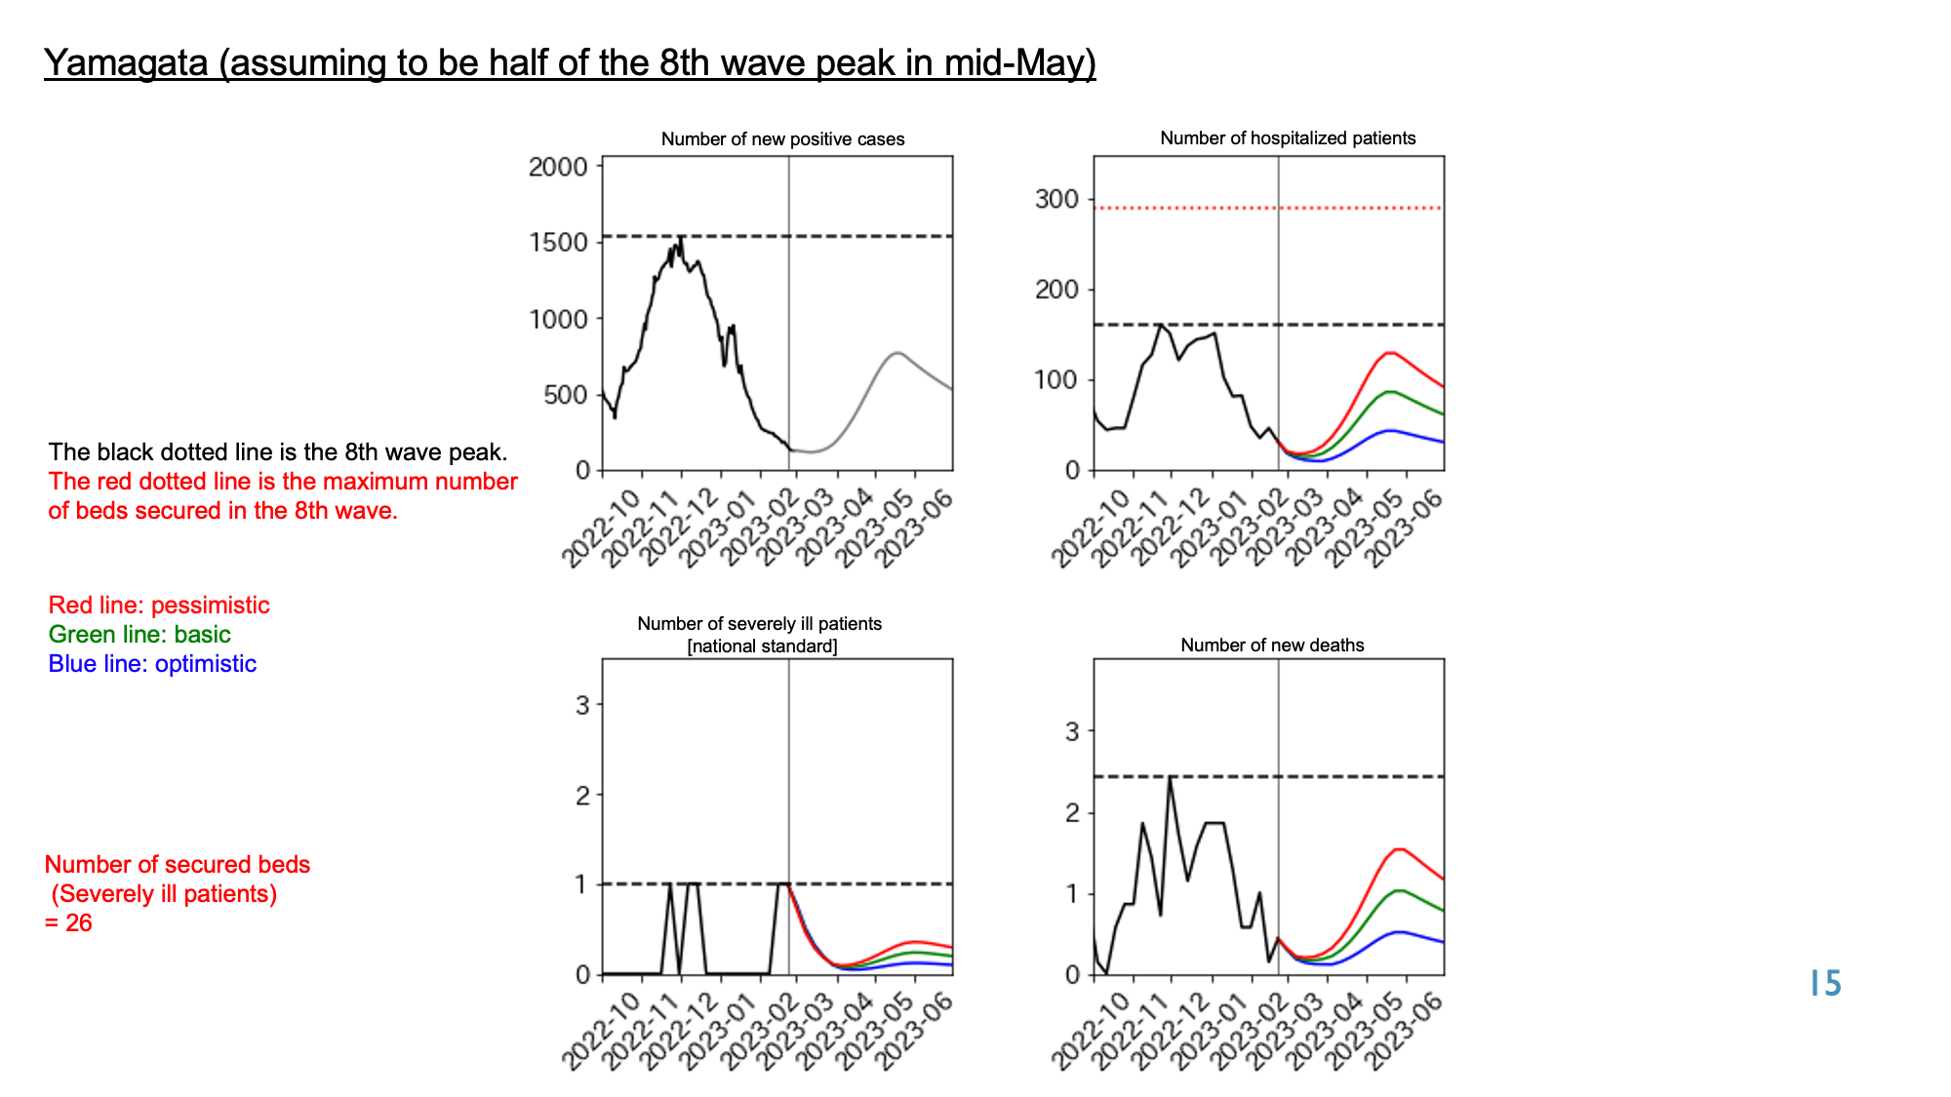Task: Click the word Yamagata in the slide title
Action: [126, 62]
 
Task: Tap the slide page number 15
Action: [1825, 983]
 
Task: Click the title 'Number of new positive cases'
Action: [782, 139]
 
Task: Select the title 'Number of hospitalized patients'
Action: [1288, 138]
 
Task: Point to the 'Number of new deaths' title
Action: [1272, 645]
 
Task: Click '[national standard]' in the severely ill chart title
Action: [762, 646]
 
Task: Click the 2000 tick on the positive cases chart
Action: [558, 167]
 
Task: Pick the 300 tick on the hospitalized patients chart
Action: [1056, 199]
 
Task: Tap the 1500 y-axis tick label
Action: [558, 243]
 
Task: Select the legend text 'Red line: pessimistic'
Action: [159, 605]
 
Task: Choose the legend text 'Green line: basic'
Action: [139, 634]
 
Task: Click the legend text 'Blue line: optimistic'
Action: [152, 663]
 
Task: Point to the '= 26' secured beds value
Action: [68, 922]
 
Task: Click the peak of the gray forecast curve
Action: [897, 353]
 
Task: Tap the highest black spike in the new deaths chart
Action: [1170, 778]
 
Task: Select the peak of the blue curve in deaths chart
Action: [1399, 932]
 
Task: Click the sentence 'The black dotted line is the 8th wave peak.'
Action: [278, 451]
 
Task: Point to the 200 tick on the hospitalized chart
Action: [1056, 290]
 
